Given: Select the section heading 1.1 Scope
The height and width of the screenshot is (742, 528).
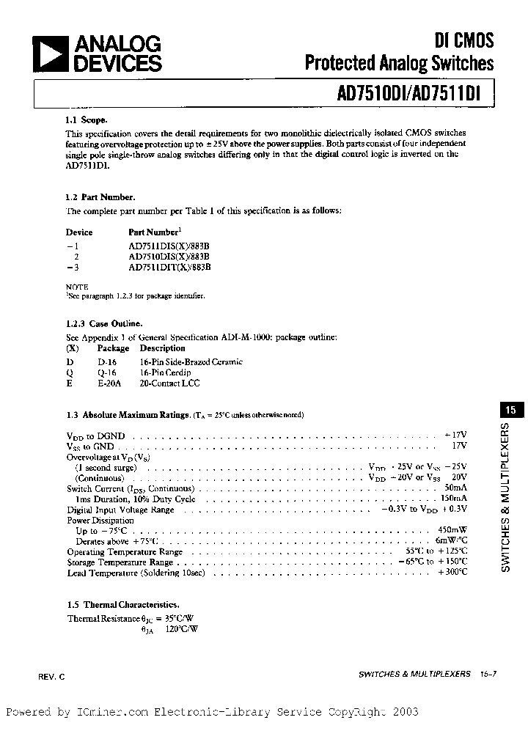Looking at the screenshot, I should tap(87, 120).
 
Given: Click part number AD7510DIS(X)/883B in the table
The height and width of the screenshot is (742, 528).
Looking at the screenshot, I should tap(169, 257).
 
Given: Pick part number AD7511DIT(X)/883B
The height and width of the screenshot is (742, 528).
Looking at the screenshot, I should tap(169, 268).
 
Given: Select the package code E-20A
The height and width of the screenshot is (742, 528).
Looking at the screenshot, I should tap(109, 383).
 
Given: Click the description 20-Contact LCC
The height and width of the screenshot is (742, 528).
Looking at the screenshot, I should tap(169, 383).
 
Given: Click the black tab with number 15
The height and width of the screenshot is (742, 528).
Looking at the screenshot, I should tap(510, 411).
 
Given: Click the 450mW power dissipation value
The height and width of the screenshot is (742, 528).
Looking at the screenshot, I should tap(452, 530).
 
